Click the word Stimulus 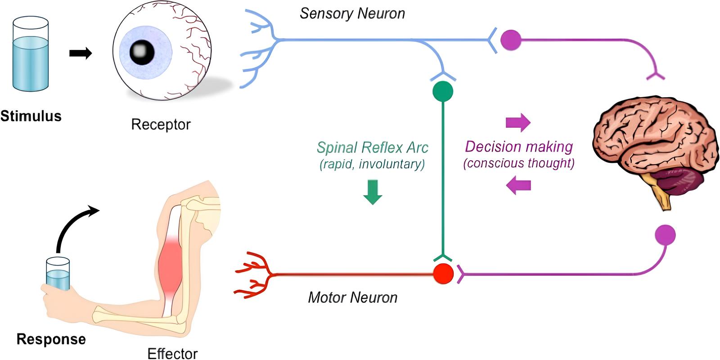31,116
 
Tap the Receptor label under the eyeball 161,124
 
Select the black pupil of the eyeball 142,52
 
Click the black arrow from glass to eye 81,54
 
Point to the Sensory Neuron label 352,13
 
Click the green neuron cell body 443,91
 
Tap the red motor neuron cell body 443,273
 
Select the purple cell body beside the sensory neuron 511,40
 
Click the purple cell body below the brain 665,235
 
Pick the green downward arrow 373,192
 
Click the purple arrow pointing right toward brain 518,122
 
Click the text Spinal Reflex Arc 373,148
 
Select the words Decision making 519,147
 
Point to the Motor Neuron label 353,297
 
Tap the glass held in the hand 58,274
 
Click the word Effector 172,353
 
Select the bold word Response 51,339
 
